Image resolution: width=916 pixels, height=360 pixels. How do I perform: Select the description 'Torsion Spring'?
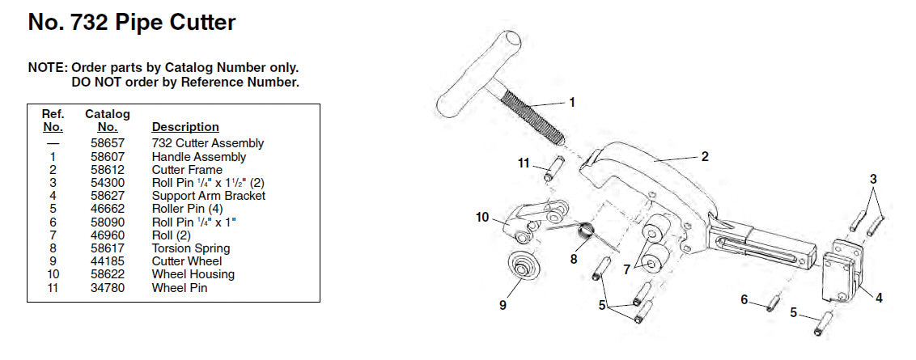click(191, 248)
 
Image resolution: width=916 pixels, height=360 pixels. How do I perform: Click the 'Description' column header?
click(185, 127)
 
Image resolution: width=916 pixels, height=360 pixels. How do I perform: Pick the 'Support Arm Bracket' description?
click(209, 196)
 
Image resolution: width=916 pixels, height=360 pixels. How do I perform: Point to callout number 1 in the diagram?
click(572, 102)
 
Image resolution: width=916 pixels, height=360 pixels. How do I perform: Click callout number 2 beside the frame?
click(705, 156)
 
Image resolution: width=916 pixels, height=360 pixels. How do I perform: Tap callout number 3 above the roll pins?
click(873, 180)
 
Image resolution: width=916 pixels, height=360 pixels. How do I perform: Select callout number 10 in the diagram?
click(482, 218)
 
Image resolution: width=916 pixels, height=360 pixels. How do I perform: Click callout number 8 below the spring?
click(574, 258)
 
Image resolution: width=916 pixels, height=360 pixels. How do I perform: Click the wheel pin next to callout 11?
click(553, 169)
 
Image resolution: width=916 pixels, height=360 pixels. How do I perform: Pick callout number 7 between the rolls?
click(626, 269)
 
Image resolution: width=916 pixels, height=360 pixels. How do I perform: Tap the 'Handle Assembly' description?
click(198, 157)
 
